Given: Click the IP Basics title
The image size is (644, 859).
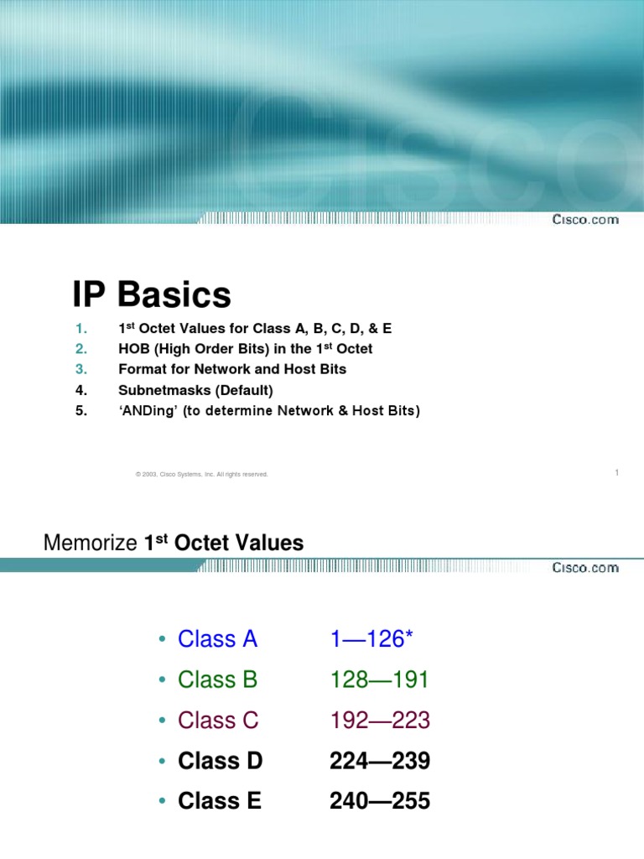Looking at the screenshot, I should pyautogui.click(x=151, y=295).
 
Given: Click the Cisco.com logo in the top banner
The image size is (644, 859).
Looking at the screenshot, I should pyautogui.click(x=585, y=220).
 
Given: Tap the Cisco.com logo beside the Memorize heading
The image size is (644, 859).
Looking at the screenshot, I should pyautogui.click(x=585, y=568).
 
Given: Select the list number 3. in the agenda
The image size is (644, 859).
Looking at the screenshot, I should pyautogui.click(x=81, y=369).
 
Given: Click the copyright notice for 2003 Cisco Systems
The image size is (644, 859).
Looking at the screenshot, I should pyautogui.click(x=201, y=475).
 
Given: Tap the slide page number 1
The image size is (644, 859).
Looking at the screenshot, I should pyautogui.click(x=616, y=473).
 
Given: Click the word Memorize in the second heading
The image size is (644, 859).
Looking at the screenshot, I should pyautogui.click(x=90, y=544).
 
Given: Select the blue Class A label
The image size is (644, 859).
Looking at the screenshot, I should pyautogui.click(x=217, y=639).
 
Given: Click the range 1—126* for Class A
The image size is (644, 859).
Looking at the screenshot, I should pyautogui.click(x=371, y=639).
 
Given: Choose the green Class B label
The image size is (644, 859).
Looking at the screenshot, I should pyautogui.click(x=217, y=679).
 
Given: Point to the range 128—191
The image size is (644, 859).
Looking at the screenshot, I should pyautogui.click(x=379, y=679).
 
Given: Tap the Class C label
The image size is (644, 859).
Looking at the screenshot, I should pyautogui.click(x=218, y=720).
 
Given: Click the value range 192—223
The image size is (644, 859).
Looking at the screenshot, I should pyautogui.click(x=379, y=720).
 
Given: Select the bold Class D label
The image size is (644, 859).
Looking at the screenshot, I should pyautogui.click(x=220, y=761).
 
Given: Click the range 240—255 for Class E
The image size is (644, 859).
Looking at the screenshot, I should pyautogui.click(x=379, y=801).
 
